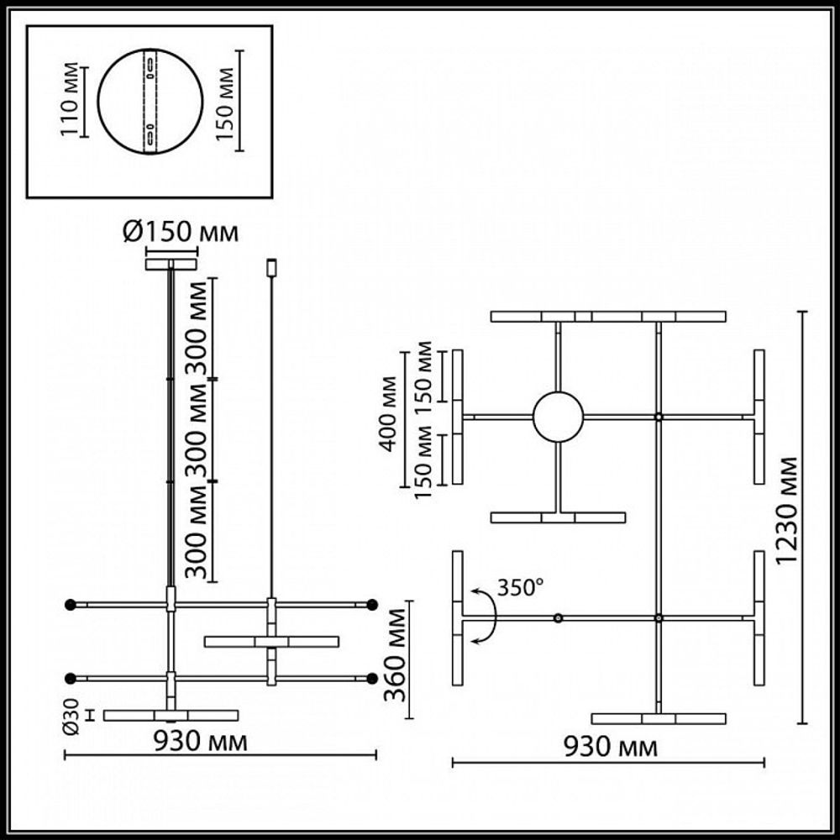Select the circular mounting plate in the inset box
click(x=150, y=102)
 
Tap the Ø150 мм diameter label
click(x=180, y=233)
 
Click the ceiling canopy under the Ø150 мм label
click(x=171, y=265)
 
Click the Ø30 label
click(x=72, y=716)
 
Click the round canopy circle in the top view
click(x=558, y=417)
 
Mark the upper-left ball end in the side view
click(x=71, y=604)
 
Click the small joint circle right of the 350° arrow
click(x=558, y=618)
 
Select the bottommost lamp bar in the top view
click(x=659, y=719)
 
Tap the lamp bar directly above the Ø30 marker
click(x=171, y=716)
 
